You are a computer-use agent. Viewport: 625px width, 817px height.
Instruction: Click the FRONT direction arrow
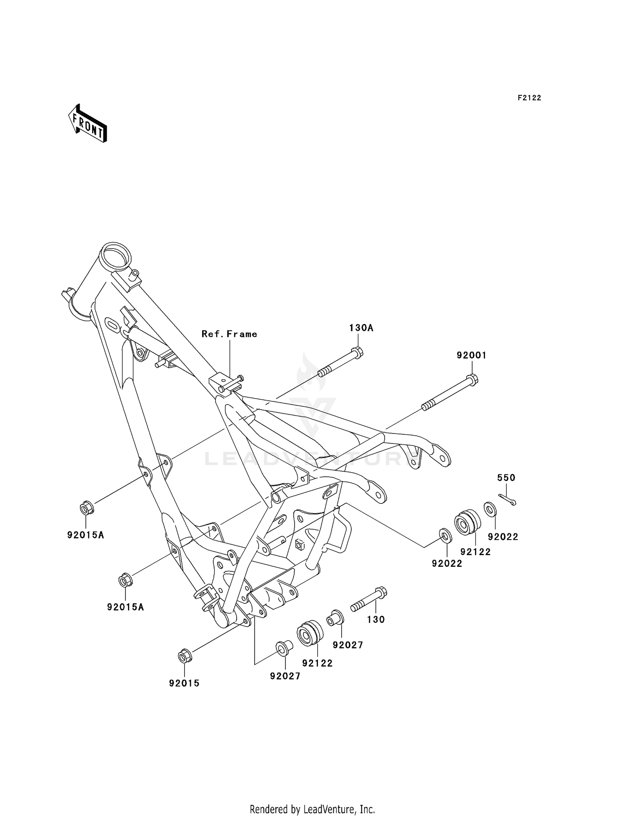tap(87, 124)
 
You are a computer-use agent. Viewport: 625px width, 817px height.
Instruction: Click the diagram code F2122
tap(529, 98)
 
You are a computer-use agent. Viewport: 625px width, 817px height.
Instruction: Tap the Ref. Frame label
tap(229, 334)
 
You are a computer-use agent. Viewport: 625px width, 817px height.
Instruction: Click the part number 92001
tap(471, 355)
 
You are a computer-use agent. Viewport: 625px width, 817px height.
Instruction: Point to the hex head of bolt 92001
tap(472, 379)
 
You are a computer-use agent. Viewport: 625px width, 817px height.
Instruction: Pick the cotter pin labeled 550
tap(507, 499)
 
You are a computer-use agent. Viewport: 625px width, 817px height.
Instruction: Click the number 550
tap(506, 478)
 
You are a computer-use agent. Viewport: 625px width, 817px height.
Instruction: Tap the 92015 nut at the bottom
tap(184, 656)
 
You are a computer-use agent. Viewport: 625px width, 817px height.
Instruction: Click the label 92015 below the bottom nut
tap(184, 683)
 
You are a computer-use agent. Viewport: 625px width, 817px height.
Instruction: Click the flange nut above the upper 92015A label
tap(87, 508)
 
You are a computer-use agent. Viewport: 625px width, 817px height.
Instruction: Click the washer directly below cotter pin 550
tap(490, 509)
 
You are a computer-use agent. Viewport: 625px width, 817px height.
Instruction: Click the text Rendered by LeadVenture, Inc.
tap(312, 809)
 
